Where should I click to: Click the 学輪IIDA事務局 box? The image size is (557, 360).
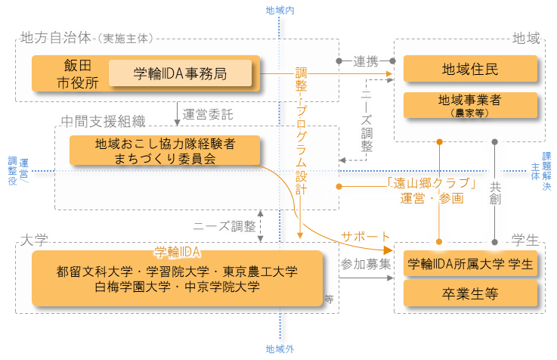180,73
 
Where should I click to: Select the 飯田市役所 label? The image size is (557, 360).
77,74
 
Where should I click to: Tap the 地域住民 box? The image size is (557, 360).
470,70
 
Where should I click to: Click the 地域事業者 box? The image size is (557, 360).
470,104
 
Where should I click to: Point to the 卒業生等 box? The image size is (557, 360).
470,293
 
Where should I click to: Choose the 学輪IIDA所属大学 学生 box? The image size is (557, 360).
470,264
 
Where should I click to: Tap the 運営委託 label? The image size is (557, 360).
208,114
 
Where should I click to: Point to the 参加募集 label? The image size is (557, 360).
366,264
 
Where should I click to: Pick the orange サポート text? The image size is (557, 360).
366,236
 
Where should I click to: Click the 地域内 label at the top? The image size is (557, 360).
280,10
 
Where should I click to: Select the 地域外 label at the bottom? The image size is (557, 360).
280,349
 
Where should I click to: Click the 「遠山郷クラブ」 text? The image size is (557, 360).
432,183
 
